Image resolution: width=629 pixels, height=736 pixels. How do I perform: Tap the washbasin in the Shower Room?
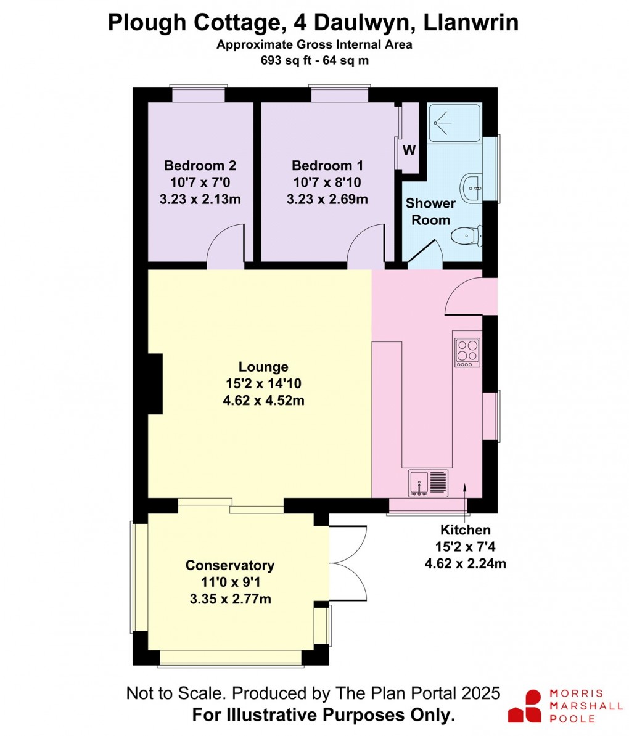(470, 187)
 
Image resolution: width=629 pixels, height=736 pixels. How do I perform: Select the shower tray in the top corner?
(454, 123)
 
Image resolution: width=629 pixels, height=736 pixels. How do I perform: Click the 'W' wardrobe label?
(409, 150)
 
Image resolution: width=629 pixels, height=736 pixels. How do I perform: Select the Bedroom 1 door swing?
(366, 248)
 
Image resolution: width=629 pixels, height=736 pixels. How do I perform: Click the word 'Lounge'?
(263, 367)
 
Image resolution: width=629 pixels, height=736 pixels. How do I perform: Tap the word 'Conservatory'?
(230, 565)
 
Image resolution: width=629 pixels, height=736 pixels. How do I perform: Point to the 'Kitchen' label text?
(465, 530)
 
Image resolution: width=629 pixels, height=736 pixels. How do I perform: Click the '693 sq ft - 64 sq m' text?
(314, 60)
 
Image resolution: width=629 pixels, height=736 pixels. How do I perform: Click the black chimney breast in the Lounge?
(154, 383)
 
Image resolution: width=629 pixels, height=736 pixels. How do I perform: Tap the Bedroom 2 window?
(198, 94)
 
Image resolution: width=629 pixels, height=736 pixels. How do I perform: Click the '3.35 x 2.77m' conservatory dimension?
(230, 599)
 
